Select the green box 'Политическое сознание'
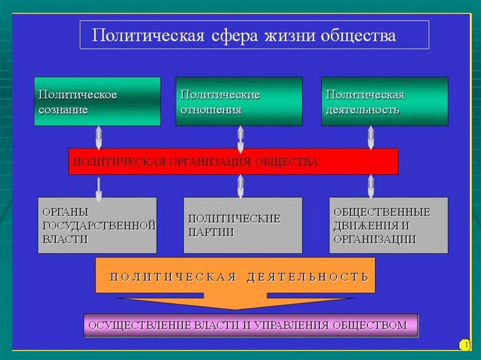pos(97,101)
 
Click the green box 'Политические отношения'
pos(239,101)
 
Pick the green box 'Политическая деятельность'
pos(385,101)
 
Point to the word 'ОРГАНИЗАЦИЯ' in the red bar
pos(209,162)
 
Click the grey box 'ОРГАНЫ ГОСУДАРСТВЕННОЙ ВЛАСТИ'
pos(97,225)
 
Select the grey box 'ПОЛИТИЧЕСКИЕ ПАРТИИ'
pos(243,225)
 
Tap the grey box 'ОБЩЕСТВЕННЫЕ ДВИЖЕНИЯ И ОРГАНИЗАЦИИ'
pos(388,225)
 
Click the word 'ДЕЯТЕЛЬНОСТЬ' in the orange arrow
pos(307,277)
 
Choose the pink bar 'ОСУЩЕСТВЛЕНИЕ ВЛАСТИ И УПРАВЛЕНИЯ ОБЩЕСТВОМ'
pos(251,325)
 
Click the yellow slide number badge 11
pos(465,345)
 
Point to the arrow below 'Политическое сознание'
pos(99,138)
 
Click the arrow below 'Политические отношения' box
pos(240,139)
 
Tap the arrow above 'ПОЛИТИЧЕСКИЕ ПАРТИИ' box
pos(240,186)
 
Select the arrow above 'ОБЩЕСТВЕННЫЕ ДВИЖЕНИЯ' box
pos(371,186)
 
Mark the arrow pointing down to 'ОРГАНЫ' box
pos(99,190)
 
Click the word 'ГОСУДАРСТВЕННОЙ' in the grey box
pos(99,226)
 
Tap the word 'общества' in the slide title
pos(358,35)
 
